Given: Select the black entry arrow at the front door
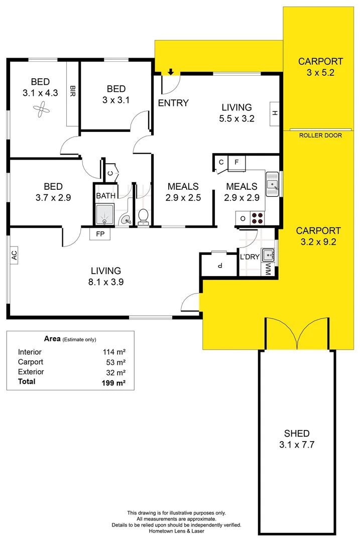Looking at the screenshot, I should pyautogui.click(x=171, y=72).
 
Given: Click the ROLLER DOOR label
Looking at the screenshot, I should pyautogui.click(x=320, y=135).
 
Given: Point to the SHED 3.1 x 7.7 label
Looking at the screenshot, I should pyautogui.click(x=296, y=439).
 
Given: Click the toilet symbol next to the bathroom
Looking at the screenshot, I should pyautogui.click(x=143, y=217).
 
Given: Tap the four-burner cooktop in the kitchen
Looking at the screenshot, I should pyautogui.click(x=258, y=218).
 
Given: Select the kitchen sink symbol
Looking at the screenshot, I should pyautogui.click(x=272, y=184).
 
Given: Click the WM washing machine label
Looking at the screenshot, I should pyautogui.click(x=268, y=269).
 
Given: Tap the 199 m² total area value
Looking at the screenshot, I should pyautogui.click(x=113, y=382).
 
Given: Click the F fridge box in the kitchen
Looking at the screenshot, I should pyautogui.click(x=236, y=162).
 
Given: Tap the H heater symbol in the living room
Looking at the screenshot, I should pyautogui.click(x=275, y=113).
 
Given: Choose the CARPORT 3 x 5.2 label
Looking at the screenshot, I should pyautogui.click(x=320, y=66).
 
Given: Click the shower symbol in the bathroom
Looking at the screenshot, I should pyautogui.click(x=105, y=214).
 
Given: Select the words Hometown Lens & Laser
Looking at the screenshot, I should pyautogui.click(x=177, y=530).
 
